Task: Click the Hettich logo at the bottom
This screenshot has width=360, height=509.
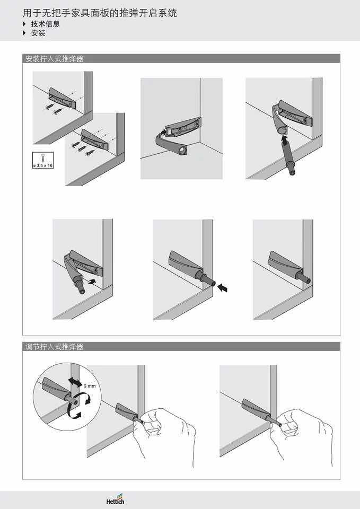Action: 115,501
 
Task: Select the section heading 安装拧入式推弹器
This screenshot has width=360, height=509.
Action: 55,59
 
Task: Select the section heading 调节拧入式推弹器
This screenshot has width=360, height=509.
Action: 55,347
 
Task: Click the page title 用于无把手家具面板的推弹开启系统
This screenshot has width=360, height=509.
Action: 100,12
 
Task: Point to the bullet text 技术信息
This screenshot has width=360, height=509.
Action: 45,24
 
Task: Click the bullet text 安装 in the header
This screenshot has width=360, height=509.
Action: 38,33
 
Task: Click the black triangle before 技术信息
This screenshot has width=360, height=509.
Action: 24,24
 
